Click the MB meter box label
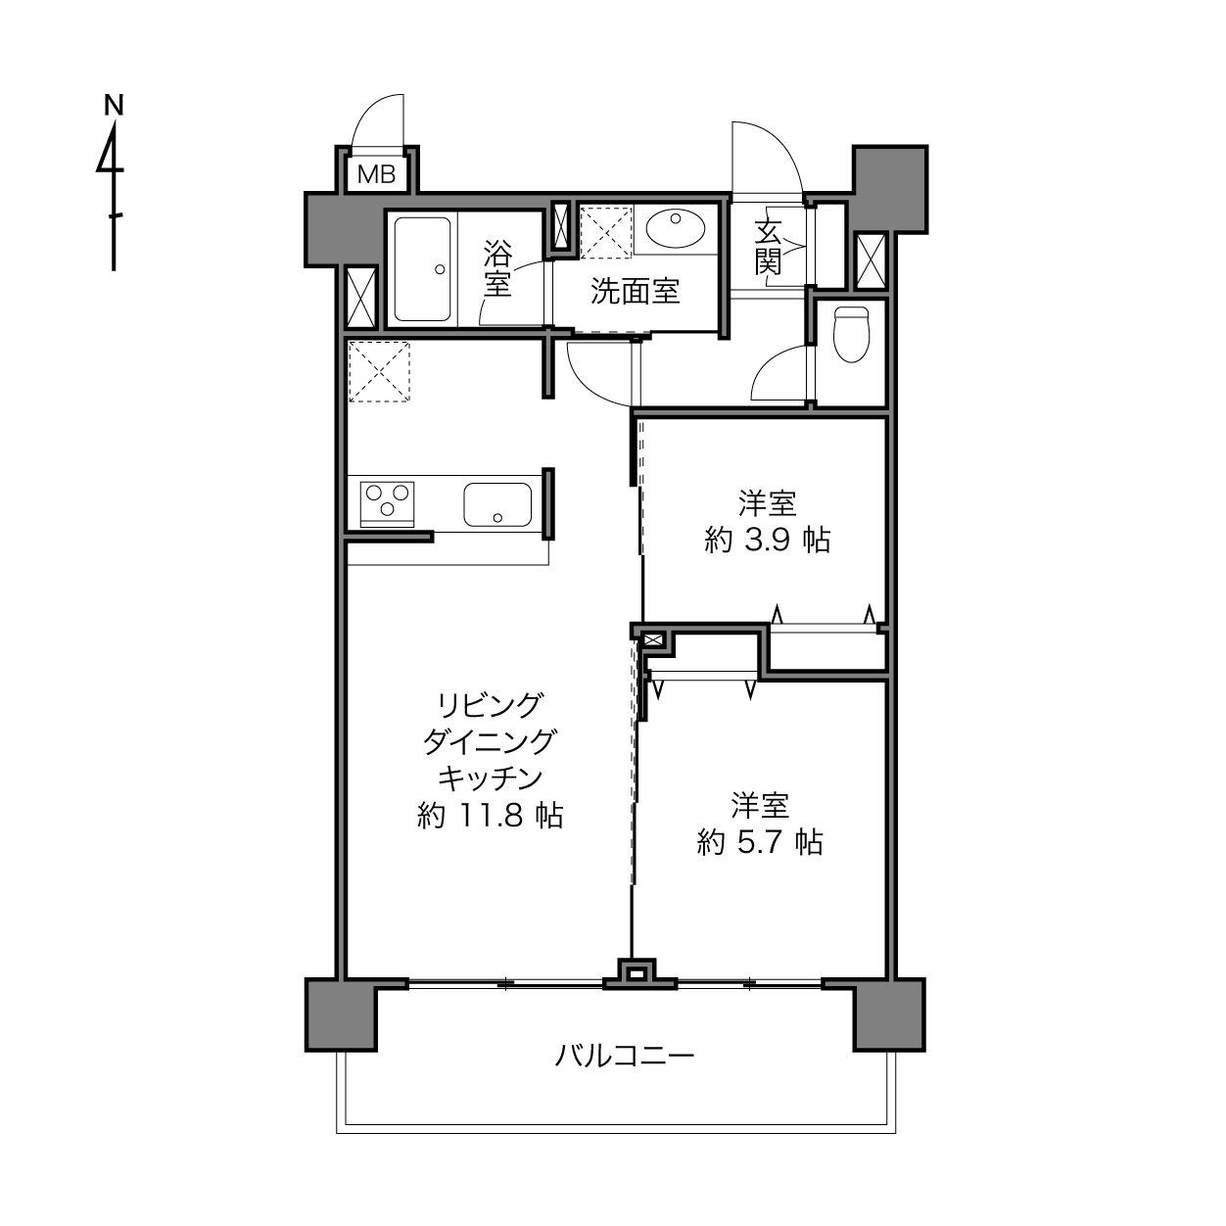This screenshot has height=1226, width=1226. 377,173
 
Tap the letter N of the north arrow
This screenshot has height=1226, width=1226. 114,105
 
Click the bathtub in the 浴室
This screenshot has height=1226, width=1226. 422,269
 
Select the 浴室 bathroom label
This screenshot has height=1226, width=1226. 497,268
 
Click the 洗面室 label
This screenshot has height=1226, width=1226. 636,292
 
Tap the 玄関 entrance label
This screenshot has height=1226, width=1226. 768,247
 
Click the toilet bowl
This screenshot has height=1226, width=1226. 851,334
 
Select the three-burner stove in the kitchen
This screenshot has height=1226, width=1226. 387,504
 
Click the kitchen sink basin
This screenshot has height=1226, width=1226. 497,504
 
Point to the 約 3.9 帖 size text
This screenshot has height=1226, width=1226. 768,541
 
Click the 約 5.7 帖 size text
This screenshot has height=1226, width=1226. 760,842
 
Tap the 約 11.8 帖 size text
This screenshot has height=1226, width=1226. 490,815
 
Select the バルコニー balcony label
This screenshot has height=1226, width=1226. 624,1057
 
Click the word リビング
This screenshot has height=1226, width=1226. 490,705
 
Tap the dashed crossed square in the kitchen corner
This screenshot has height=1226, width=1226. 379,371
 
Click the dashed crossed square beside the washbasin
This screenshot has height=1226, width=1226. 606,232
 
